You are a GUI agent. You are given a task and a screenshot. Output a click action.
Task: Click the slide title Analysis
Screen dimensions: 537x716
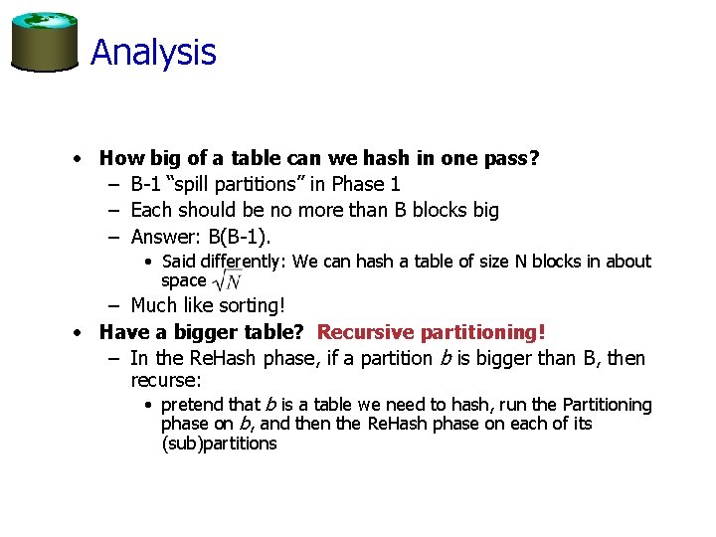pyautogui.click(x=153, y=52)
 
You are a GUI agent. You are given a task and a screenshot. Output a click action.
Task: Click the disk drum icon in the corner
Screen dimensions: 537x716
pyautogui.click(x=44, y=42)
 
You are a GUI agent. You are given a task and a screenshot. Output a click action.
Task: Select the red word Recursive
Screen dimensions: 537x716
pyautogui.click(x=364, y=331)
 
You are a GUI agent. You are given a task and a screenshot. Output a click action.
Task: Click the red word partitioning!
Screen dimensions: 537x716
pyautogui.click(x=481, y=331)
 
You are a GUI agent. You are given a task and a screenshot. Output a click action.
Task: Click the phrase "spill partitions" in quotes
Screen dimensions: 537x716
pyautogui.click(x=233, y=184)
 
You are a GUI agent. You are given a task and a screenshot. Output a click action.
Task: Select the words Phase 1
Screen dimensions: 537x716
pyautogui.click(x=366, y=184)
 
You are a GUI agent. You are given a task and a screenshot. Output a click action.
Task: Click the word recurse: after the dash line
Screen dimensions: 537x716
pyautogui.click(x=166, y=381)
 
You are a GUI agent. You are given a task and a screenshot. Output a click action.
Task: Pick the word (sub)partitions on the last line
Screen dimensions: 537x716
pyautogui.click(x=219, y=444)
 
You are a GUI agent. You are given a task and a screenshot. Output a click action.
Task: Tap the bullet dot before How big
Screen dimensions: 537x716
pyautogui.click(x=77, y=159)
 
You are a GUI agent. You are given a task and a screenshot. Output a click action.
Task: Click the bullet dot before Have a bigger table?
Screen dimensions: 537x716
pyautogui.click(x=77, y=332)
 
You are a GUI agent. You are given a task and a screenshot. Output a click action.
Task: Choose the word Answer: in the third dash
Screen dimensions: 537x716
pyautogui.click(x=165, y=236)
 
